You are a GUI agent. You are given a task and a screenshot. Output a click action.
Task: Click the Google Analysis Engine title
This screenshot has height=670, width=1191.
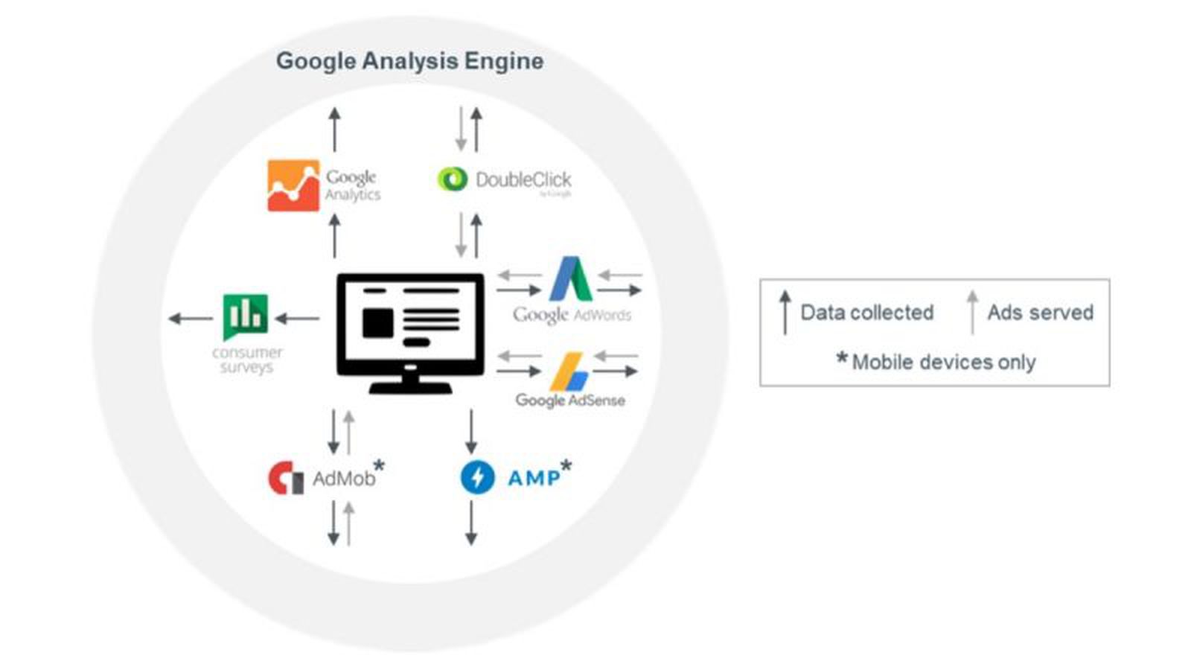tap(409, 60)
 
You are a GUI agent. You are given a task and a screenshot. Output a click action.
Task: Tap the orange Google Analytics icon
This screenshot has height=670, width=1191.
tap(293, 185)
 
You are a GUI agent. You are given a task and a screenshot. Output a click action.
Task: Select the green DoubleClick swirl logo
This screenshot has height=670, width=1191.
tap(452, 179)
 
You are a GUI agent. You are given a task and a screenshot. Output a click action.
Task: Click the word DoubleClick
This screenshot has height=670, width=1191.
tap(523, 179)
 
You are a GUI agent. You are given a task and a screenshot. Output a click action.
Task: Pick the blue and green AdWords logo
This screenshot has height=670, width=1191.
tap(570, 279)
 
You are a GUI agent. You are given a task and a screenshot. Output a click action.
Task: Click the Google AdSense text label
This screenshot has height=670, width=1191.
tap(570, 400)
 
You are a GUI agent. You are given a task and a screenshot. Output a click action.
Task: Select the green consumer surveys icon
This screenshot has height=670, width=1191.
tap(245, 316)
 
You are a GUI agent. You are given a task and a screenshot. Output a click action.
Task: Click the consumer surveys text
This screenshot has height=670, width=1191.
tap(246, 360)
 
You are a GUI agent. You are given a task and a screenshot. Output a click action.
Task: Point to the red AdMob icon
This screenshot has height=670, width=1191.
tap(285, 478)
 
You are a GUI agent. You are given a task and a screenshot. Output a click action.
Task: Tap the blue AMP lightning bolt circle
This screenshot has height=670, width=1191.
tap(477, 477)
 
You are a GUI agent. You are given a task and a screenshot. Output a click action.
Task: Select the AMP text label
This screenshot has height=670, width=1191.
tap(534, 478)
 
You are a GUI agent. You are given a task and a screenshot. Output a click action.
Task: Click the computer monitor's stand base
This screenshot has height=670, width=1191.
tap(410, 387)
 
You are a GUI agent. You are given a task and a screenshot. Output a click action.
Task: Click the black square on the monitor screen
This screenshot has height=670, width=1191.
tap(378, 323)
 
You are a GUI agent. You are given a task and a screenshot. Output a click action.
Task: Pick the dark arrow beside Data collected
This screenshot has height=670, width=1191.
tap(785, 313)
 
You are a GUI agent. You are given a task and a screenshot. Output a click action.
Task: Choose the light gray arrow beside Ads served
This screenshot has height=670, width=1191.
tap(971, 313)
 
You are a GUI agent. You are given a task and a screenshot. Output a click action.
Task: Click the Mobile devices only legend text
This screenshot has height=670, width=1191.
tap(943, 362)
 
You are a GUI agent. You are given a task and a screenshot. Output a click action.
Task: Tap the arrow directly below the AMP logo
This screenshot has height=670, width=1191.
tap(470, 523)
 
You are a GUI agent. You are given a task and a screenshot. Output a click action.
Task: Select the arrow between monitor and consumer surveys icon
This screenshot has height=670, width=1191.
tap(297, 319)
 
